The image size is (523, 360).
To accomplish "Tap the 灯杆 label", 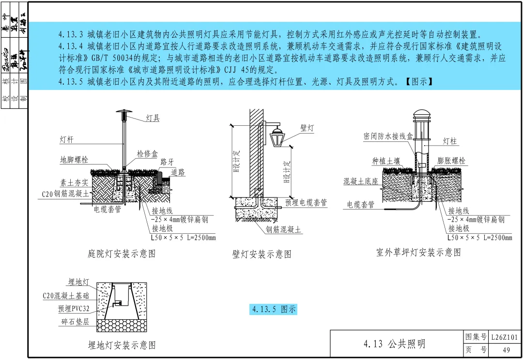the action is (x=66, y=140).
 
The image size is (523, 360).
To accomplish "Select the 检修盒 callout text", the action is (x=147, y=154).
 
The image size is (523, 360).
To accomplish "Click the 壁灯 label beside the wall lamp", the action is (x=307, y=128).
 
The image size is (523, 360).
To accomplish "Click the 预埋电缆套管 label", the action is (x=306, y=203).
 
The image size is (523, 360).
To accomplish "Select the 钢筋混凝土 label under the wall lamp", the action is (x=284, y=230).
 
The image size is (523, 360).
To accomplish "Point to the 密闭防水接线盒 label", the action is (x=388, y=136).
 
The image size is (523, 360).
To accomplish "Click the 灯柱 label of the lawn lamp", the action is (x=450, y=141).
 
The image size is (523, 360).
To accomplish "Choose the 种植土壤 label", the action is (x=386, y=161).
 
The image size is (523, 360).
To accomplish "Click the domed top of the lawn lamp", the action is (x=421, y=114).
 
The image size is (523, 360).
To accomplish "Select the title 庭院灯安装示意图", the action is (x=122, y=254).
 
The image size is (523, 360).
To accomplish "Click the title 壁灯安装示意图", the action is (x=262, y=254).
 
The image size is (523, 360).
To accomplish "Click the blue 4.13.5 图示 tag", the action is (x=274, y=309).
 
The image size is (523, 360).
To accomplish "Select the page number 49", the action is (x=506, y=350).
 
